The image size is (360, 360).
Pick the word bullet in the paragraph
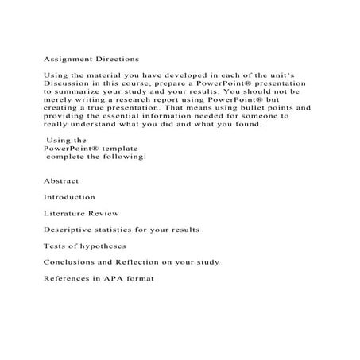262,107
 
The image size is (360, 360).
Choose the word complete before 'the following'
68,157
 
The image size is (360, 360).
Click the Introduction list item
70,197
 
